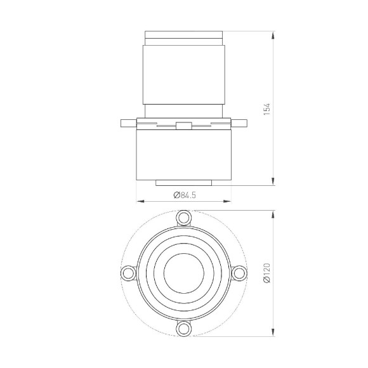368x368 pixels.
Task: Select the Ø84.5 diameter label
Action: click(x=183, y=195)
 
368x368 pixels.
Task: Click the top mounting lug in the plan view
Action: click(x=183, y=218)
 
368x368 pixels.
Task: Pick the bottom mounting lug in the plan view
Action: click(x=183, y=328)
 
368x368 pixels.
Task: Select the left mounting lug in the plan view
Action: click(x=128, y=273)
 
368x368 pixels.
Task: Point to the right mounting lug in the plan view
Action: click(x=239, y=273)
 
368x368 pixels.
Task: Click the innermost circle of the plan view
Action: click(x=183, y=273)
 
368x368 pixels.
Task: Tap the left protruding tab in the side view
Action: click(x=127, y=121)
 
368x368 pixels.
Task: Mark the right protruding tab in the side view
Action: click(x=240, y=121)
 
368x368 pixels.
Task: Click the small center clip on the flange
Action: click(x=183, y=126)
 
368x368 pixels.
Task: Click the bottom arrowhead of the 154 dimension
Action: click(x=273, y=183)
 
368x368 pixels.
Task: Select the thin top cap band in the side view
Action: click(x=183, y=34)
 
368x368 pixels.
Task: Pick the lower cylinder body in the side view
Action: click(x=183, y=155)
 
